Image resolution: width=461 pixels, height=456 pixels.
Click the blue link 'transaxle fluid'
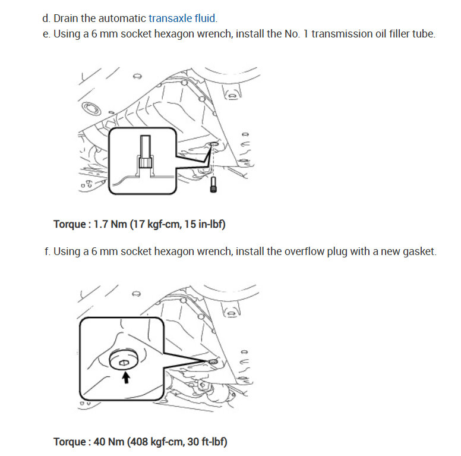coord(182,18)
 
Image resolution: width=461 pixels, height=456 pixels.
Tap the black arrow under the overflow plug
coord(125,377)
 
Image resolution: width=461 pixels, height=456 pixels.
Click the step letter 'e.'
coord(47,34)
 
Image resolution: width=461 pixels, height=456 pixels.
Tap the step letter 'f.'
coord(47,251)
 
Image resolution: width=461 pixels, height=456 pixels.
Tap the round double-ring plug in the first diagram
coord(92,109)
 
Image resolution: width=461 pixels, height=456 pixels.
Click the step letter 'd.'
coord(47,18)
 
